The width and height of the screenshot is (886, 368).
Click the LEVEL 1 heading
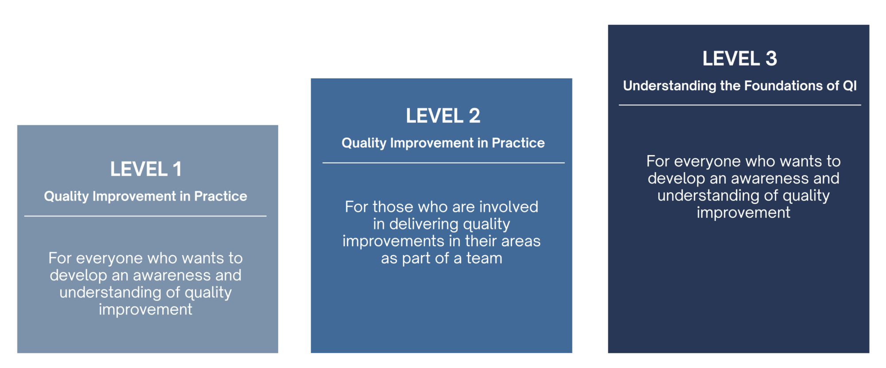pos(146,169)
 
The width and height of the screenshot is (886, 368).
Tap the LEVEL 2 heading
pos(443,116)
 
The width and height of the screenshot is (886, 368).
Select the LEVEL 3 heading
pos(740,58)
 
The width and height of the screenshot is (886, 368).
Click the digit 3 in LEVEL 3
pos(771,58)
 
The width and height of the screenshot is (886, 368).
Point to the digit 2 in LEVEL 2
pos(474,116)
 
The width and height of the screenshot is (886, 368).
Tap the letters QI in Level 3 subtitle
pos(850,85)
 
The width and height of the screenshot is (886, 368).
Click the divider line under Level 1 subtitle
pos(145,216)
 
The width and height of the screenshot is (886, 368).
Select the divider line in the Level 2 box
pos(443,163)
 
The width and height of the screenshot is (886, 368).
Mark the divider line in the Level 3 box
pos(740,105)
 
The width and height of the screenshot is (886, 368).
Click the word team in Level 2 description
pos(484,258)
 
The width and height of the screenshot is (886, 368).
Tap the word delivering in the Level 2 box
pos(416,224)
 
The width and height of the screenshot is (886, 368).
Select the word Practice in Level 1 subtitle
pos(221,196)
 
